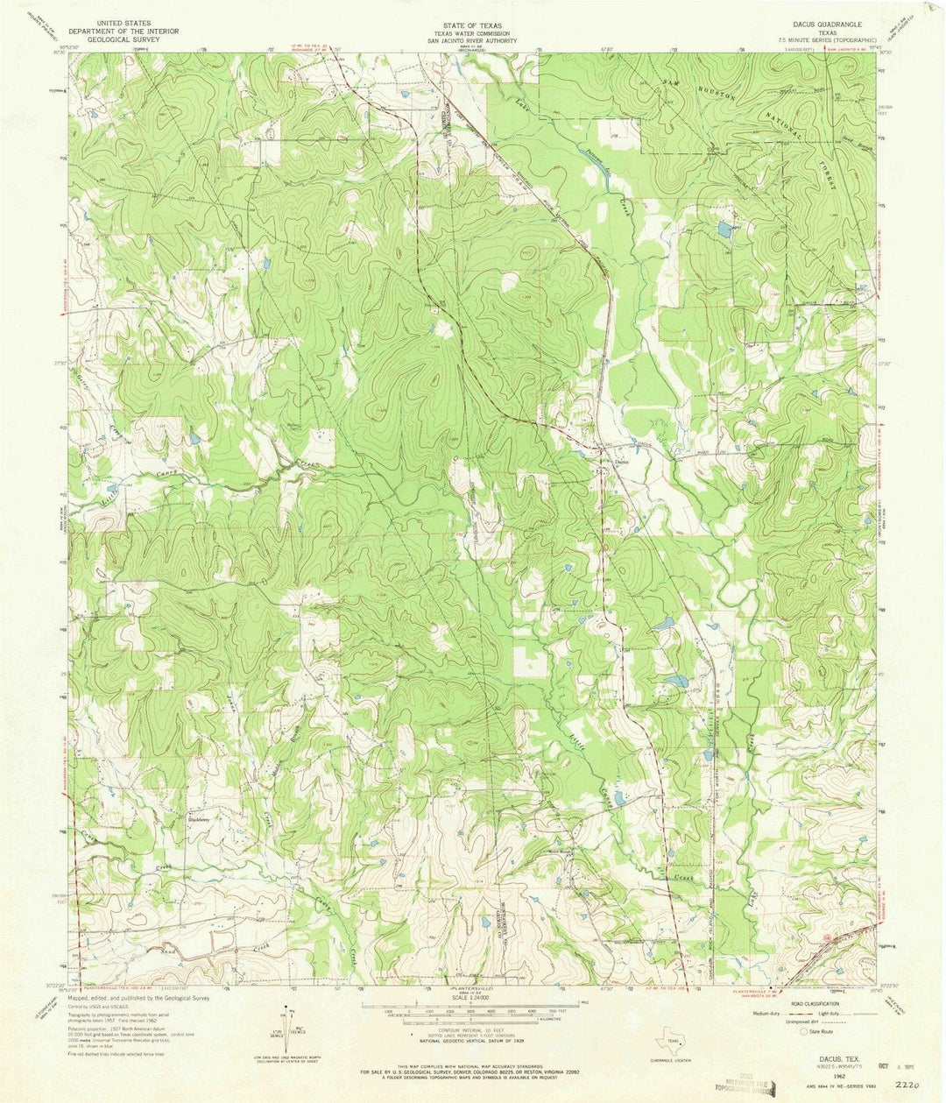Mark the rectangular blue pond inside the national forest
pyautogui.click(x=724, y=230)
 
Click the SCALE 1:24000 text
pyautogui.click(x=472, y=1001)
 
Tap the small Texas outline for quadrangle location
pyautogui.click(x=672, y=1042)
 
